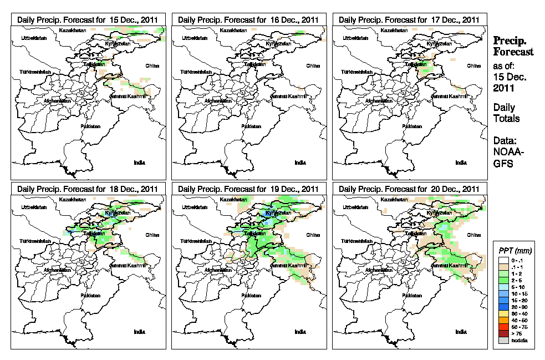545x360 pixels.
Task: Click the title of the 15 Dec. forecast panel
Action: tap(88, 19)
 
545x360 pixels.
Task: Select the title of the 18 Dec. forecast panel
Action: tap(88, 189)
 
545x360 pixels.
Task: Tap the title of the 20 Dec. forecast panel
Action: tap(409, 189)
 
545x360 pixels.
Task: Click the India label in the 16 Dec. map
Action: tap(300, 163)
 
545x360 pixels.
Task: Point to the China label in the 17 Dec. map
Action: tap(474, 65)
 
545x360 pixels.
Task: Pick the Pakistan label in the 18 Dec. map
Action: tap(90, 296)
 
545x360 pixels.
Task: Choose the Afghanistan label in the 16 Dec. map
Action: tap(220, 101)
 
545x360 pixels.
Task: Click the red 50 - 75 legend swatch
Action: tap(503, 328)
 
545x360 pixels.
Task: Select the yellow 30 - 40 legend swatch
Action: tap(503, 314)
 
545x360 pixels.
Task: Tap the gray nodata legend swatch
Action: tap(503, 341)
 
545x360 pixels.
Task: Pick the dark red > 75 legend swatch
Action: tap(503, 334)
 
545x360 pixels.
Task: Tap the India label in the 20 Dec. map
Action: tap(461, 332)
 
